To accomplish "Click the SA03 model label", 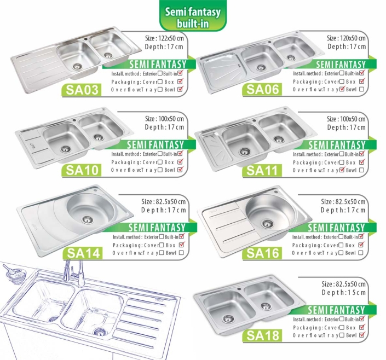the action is click(x=82, y=90).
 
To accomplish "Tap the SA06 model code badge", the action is click(x=262, y=89).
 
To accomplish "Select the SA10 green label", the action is click(x=82, y=170).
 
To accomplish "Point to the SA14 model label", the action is click(x=83, y=253).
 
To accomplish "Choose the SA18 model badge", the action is click(x=262, y=335).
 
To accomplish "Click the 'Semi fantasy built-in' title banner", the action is click(x=193, y=17).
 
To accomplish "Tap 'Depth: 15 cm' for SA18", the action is click(x=344, y=293).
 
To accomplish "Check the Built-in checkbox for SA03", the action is click(x=180, y=73).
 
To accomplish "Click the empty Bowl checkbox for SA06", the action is click(x=361, y=89).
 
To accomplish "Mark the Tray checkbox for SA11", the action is click(x=342, y=170).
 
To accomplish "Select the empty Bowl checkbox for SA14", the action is click(x=181, y=253).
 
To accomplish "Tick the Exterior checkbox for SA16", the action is click(x=341, y=237).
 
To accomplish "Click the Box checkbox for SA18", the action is click(x=362, y=327).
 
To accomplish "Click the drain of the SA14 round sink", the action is click(x=87, y=220).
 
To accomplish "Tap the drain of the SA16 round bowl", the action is click(x=268, y=224).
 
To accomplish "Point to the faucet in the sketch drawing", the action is click(x=73, y=273).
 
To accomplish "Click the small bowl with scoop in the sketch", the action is click(x=15, y=274).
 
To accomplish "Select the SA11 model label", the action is click(x=262, y=170).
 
